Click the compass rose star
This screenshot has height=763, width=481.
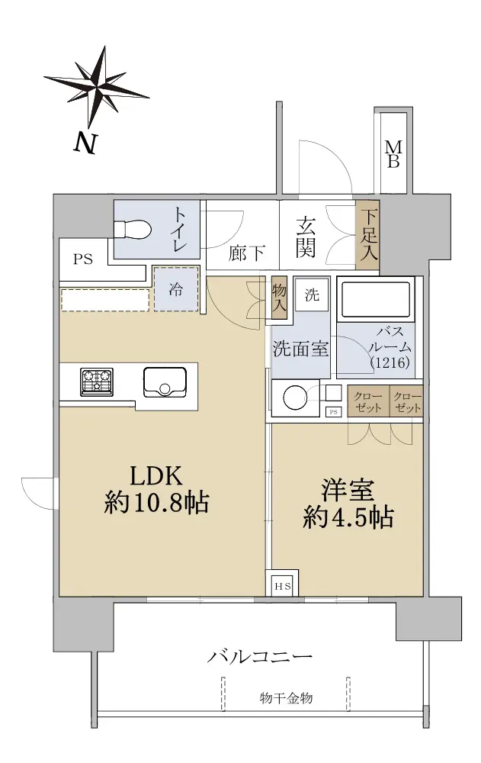(97, 87)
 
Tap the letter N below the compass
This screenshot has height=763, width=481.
(85, 143)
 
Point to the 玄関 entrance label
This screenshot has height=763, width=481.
(306, 237)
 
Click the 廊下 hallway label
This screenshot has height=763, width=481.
(247, 253)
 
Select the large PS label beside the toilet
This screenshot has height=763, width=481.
(82, 259)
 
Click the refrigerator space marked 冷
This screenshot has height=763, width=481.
(176, 288)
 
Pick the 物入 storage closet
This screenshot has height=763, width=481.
(279, 298)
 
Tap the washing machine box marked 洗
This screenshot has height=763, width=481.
(312, 294)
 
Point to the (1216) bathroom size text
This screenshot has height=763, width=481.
(390, 362)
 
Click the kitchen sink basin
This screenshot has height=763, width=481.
(165, 382)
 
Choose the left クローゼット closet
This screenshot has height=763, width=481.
(368, 401)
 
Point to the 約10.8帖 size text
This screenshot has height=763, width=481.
(156, 502)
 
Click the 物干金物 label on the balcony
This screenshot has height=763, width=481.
(286, 698)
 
